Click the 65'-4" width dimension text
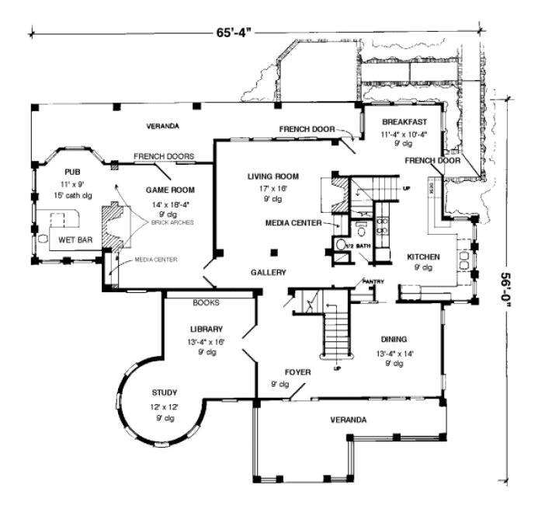(234, 33)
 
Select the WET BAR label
(75, 241)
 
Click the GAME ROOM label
(170, 190)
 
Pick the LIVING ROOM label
(272, 176)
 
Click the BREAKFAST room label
(405, 123)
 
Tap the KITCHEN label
(424, 256)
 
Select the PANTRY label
(373, 281)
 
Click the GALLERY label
(269, 273)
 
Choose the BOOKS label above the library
(206, 302)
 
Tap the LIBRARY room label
(207, 329)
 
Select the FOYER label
(297, 372)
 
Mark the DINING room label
(394, 339)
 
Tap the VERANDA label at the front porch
(347, 420)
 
